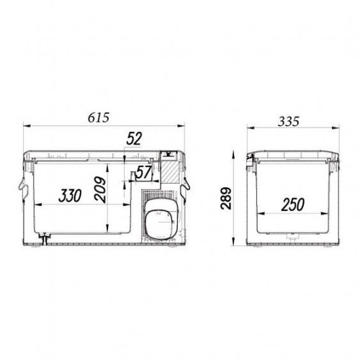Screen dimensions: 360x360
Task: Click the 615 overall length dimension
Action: (99, 117)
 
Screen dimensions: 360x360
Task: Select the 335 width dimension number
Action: (289, 122)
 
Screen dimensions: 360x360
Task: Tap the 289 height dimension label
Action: (226, 198)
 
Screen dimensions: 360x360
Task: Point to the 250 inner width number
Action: (293, 204)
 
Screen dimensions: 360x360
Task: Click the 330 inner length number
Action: (70, 195)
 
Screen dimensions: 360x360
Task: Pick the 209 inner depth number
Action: (99, 190)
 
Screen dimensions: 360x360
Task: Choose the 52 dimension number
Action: (134, 138)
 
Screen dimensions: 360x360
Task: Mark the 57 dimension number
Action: (143, 172)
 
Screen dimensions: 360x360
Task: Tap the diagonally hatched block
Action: (169, 171)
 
